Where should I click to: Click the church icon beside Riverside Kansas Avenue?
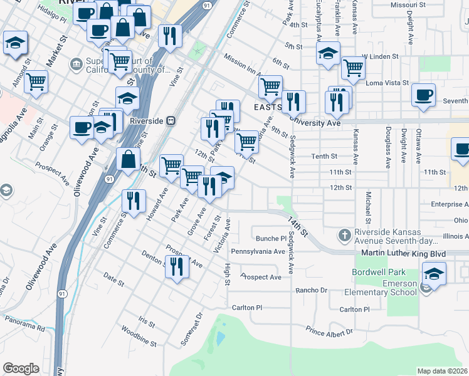point(344,236)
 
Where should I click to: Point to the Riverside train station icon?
point(170,120)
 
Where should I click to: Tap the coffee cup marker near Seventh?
point(423,96)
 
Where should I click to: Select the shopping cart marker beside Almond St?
point(36,81)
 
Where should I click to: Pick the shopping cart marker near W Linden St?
point(354,68)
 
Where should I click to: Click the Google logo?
point(21,368)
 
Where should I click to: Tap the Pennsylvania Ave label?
point(258,251)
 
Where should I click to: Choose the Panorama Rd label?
point(23,325)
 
